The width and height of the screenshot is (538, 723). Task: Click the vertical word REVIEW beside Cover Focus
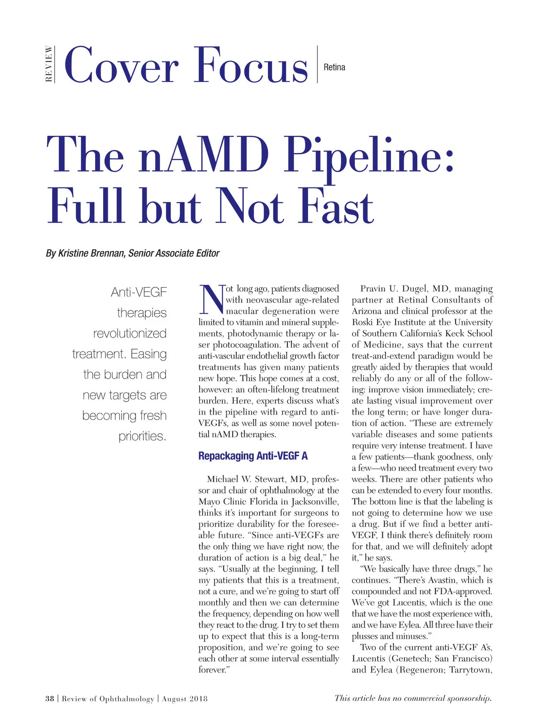(49, 64)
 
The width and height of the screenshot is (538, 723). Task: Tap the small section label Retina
(334, 67)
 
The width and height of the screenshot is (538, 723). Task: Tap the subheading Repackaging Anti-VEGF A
(253, 456)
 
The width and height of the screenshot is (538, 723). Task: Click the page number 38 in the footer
(49, 698)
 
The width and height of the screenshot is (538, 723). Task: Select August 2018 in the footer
(185, 698)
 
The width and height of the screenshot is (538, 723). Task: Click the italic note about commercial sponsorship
(413, 698)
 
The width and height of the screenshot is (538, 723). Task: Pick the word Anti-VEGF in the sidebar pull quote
(139, 292)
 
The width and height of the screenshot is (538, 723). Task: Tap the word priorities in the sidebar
(142, 436)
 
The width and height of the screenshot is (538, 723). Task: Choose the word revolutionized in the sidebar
(130, 333)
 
